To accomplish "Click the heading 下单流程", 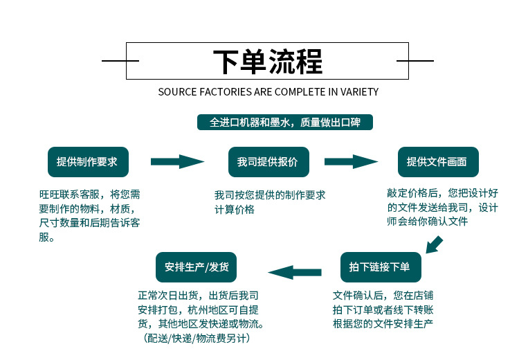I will (267, 62).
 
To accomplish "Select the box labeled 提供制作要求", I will (86, 162).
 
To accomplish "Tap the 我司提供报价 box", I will (268, 162).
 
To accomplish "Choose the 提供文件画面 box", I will (437, 162).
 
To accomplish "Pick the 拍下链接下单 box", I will (380, 267).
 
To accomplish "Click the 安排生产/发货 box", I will (197, 267).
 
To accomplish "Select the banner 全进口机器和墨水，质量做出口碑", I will (284, 123).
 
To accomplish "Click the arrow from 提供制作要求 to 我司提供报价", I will (177, 162).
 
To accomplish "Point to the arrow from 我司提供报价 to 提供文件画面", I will (351, 162).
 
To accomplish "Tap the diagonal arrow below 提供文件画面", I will (434, 244).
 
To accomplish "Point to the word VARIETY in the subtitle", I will (358, 91).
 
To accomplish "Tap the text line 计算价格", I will (234, 209).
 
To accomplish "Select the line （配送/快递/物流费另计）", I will (197, 339).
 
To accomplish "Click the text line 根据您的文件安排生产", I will (383, 323).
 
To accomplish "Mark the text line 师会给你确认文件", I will (428, 222).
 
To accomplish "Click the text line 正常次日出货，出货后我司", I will (199, 295).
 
